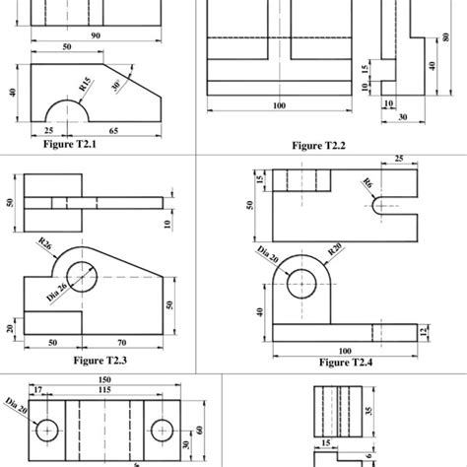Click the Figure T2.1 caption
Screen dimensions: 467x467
pyautogui.click(x=70, y=144)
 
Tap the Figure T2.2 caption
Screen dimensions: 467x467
pyautogui.click(x=319, y=146)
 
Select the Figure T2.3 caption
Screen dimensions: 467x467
pyautogui.click(x=100, y=361)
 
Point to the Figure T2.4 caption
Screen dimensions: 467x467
pyautogui.click(x=346, y=363)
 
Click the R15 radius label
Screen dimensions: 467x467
pyautogui.click(x=85, y=84)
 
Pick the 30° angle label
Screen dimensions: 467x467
pyautogui.click(x=116, y=86)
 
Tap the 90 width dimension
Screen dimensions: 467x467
pyautogui.click(x=96, y=35)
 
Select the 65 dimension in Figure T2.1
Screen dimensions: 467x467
pyautogui.click(x=113, y=131)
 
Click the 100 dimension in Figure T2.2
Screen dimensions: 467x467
pyautogui.click(x=279, y=105)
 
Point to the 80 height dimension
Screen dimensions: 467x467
pyautogui.click(x=446, y=36)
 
